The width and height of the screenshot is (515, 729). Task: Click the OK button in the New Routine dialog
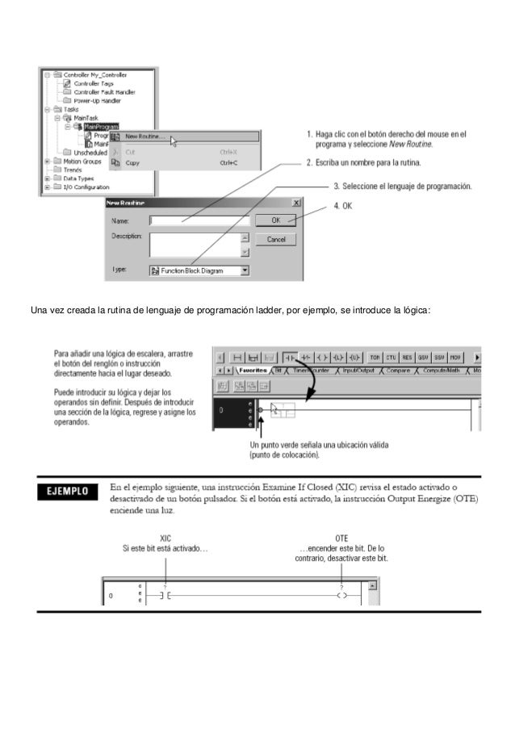(x=276, y=220)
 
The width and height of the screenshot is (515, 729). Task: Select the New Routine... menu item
(x=145, y=136)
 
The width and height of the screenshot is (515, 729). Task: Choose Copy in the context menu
(x=132, y=162)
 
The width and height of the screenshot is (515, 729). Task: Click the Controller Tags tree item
(x=94, y=83)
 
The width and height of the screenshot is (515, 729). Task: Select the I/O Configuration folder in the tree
(x=81, y=187)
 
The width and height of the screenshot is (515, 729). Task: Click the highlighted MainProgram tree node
(x=101, y=126)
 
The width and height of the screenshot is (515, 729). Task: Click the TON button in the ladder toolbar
(x=375, y=356)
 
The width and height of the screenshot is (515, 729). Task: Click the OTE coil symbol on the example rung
(x=341, y=597)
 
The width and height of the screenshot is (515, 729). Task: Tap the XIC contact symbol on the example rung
(x=165, y=597)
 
